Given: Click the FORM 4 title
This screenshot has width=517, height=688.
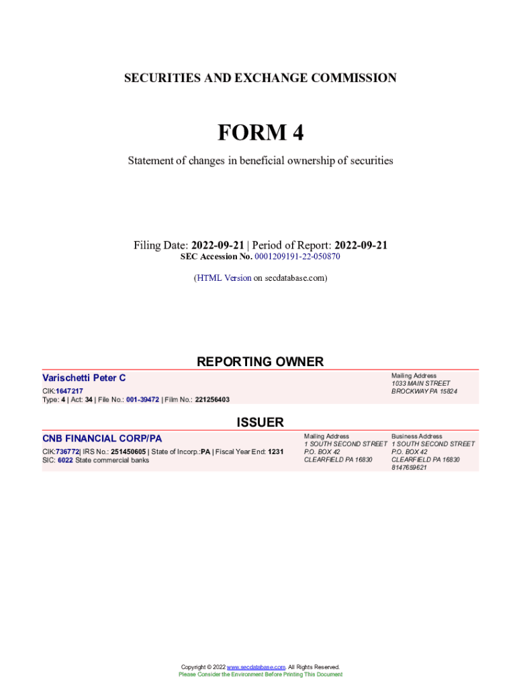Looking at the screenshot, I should (260, 133).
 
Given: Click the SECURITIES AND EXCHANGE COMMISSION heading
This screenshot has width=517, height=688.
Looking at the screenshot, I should (260, 79).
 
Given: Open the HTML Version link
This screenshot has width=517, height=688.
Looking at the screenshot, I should (224, 277).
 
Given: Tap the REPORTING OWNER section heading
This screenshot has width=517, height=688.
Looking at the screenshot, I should (260, 362).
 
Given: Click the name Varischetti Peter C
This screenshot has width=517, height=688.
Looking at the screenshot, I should (84, 378).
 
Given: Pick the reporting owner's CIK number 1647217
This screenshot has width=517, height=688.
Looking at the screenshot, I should (69, 391).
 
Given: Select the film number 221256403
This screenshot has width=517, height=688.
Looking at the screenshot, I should (212, 400).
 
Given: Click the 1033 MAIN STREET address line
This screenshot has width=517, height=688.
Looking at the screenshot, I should (421, 384).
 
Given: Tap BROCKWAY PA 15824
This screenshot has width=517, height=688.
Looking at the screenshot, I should (424, 392).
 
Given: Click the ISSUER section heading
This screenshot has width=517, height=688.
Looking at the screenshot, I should (260, 423).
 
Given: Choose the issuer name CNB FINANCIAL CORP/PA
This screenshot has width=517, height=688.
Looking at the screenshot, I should (102, 439).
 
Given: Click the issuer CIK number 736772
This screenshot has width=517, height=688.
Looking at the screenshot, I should (68, 451).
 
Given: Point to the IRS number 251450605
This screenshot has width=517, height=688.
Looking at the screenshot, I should (128, 451).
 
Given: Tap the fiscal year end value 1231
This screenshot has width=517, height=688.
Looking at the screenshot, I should (275, 451).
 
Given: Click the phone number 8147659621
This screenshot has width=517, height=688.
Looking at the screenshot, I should (409, 468).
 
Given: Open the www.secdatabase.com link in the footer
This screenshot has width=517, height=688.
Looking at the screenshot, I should (256, 667).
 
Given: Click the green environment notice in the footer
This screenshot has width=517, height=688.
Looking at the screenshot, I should (260, 675).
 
